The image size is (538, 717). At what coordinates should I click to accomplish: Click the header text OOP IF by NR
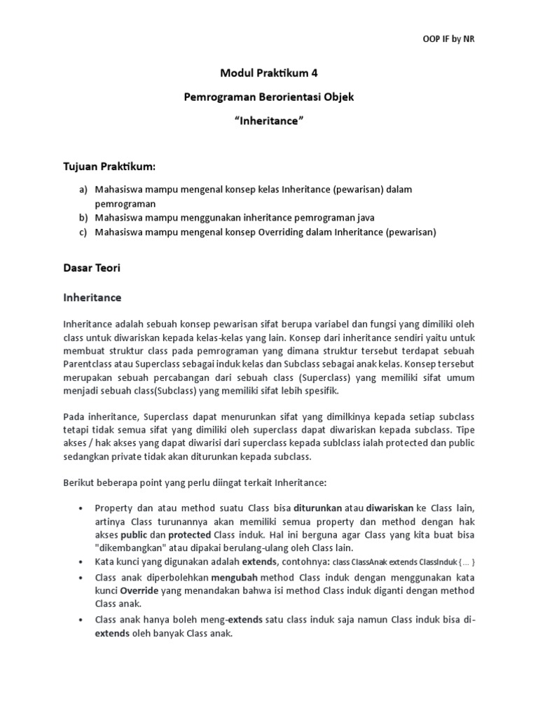(450, 39)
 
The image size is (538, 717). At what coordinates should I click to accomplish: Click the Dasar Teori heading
(92, 267)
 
